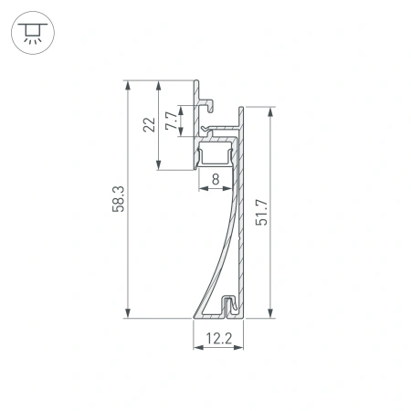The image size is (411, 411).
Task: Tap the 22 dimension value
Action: (x=149, y=125)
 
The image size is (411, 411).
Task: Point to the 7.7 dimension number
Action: (x=170, y=120)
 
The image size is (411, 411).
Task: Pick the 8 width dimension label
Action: (x=216, y=180)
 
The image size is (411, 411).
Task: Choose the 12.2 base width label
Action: (x=218, y=339)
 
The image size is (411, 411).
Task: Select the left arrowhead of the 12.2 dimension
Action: (x=196, y=348)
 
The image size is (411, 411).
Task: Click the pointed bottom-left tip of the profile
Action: (x=194, y=316)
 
